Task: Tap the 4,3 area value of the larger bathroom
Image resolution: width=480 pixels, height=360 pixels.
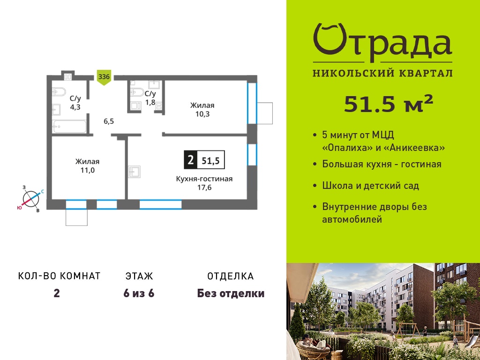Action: coord(75,107)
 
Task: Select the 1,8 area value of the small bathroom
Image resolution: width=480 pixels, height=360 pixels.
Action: coord(150,102)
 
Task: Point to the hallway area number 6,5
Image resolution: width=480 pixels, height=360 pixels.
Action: coord(109,121)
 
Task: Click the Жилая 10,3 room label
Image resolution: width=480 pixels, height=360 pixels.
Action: coord(202,110)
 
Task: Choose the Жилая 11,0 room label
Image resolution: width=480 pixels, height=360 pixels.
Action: coord(88,166)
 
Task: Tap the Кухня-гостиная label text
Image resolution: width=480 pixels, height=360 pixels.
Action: coord(204,179)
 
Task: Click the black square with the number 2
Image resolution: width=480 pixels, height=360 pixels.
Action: coord(190,160)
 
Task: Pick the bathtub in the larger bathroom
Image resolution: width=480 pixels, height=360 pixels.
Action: coord(69,127)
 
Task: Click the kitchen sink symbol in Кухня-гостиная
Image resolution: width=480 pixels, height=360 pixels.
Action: coord(135,172)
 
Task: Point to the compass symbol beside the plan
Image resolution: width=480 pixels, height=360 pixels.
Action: coord(31,199)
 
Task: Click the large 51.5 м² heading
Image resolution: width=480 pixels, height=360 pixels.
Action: coord(389,104)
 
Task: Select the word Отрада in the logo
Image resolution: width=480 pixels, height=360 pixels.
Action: coord(382,43)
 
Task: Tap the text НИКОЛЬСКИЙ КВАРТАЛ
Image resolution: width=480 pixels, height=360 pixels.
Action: coord(382,73)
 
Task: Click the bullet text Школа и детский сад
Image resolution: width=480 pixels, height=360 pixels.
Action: coord(370,186)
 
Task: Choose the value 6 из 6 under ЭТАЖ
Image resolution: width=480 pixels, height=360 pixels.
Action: coord(139,293)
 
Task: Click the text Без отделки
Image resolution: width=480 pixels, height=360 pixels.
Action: coord(231,293)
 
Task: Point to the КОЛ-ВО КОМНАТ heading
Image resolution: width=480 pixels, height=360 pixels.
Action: coord(60,276)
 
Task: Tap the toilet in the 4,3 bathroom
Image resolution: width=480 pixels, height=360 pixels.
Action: coord(59,91)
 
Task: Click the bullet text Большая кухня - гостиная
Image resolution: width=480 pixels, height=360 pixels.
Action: coord(382,164)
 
